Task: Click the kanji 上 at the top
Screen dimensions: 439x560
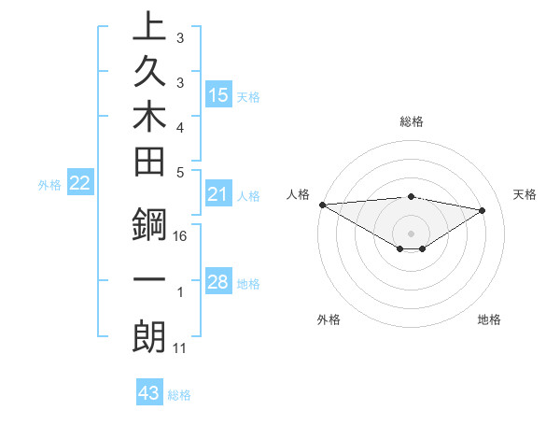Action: [148, 27]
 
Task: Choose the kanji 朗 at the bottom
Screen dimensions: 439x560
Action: [148, 336]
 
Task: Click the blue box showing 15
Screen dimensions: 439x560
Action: [218, 95]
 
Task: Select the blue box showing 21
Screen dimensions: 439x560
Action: [218, 194]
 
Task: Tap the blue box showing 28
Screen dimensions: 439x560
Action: [218, 282]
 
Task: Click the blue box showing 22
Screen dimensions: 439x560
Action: [80, 184]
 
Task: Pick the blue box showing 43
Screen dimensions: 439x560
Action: [149, 393]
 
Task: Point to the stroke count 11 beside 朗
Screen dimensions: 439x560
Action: [180, 348]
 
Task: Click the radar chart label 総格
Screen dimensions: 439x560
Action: [411, 121]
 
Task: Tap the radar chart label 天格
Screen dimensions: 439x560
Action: [525, 194]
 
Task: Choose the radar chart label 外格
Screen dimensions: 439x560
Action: [329, 319]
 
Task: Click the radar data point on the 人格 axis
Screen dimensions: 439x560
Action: [322, 205]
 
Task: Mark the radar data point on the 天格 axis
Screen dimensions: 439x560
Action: [483, 209]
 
